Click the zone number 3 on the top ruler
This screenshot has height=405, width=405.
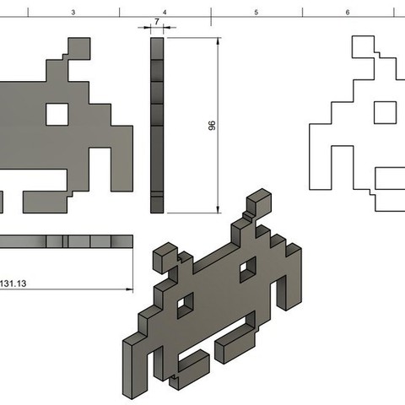coord(73,13)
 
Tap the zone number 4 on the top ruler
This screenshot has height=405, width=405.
coord(164,13)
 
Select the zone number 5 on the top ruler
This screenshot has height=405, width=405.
coord(256,13)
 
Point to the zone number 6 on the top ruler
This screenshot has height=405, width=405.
coord(347,13)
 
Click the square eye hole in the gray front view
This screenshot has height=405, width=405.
coord(57,112)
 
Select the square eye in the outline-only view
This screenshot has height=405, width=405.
coord(384,111)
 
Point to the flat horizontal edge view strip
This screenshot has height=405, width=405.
coord(67,241)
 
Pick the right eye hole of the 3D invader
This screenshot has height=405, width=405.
coord(248,270)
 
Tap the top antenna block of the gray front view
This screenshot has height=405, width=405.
coord(78,48)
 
